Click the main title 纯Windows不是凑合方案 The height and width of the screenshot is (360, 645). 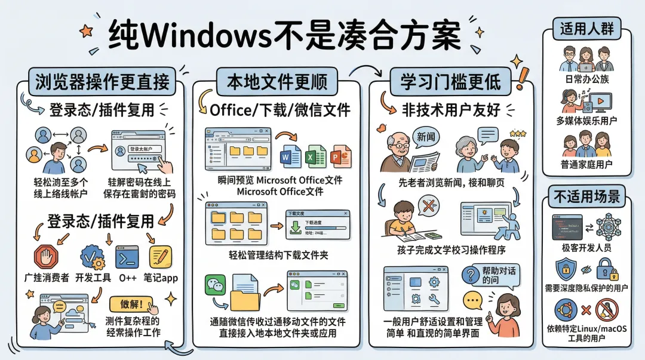coord(285,37)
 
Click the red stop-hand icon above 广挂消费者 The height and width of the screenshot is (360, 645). coord(47,257)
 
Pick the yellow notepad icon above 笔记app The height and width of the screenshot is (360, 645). coord(160,257)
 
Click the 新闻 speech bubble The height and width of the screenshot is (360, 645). coord(425,137)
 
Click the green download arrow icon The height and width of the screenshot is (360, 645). coord(295,226)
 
